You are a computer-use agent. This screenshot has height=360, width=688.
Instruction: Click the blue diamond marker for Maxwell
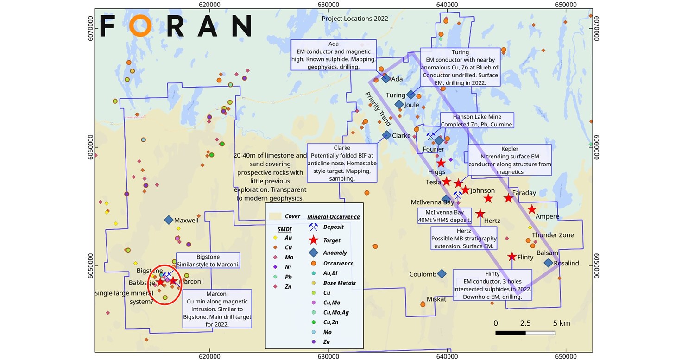tap(169, 220)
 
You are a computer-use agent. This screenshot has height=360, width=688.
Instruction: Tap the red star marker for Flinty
tap(511, 257)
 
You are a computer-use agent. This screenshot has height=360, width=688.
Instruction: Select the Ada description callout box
tap(333, 55)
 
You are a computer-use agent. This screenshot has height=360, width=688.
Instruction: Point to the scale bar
tap(525, 332)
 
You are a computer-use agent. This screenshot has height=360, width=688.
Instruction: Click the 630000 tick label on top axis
tap(328, 4)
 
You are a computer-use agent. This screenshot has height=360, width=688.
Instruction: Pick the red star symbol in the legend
tap(314, 240)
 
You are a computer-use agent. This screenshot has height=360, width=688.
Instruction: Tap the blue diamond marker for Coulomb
tap(442, 274)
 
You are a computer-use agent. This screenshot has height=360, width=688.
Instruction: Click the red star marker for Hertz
tap(480, 214)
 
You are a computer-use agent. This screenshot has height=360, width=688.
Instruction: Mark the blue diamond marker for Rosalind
tap(548, 263)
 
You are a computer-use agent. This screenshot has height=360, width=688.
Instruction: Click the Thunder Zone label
tap(552, 235)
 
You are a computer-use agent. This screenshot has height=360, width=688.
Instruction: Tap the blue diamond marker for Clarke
tap(386, 135)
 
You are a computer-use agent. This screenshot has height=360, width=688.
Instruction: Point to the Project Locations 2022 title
tap(355, 19)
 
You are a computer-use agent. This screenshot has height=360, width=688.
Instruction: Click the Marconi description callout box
tap(217, 309)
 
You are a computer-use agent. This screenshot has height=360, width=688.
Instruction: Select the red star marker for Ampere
tap(532, 209)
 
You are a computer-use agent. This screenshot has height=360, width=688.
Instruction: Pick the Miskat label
tap(436, 299)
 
